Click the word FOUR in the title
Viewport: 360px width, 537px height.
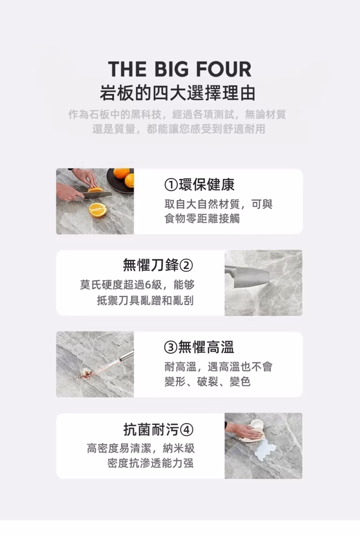point(224,69)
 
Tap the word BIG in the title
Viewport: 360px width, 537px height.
point(171,69)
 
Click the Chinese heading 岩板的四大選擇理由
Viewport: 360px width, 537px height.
point(178,93)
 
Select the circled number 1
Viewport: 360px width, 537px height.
point(171,185)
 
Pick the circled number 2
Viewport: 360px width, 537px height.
point(186,265)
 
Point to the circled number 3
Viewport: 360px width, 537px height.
point(171,347)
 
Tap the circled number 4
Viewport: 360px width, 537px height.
point(186,430)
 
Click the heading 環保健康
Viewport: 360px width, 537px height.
point(206,185)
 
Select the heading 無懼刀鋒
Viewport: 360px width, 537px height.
point(150,265)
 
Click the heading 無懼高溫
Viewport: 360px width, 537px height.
point(206,347)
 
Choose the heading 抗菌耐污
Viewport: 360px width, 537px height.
point(151,429)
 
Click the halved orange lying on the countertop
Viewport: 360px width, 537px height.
point(98,209)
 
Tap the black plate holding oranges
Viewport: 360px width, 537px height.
point(120,181)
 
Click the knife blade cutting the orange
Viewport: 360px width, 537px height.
point(97,195)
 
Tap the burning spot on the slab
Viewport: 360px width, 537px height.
point(84,373)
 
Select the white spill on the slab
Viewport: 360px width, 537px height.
point(265,449)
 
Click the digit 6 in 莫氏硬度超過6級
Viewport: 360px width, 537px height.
point(148,285)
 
